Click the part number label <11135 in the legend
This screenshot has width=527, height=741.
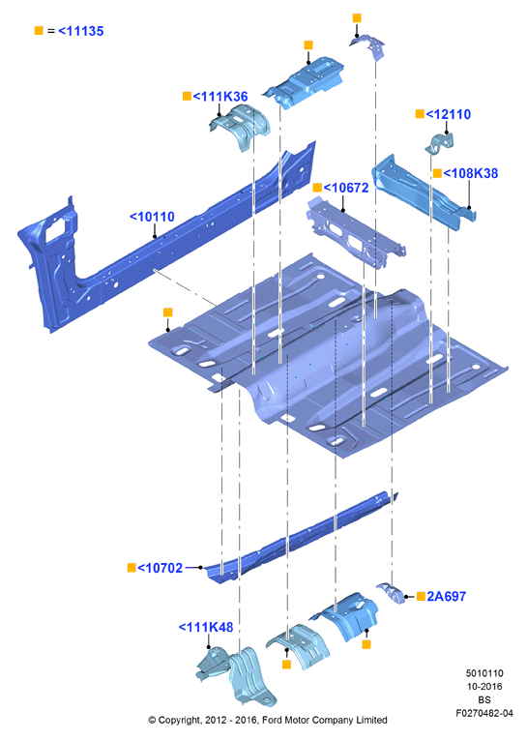point(81,31)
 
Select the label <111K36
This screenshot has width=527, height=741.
point(220,97)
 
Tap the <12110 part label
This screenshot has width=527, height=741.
point(448,114)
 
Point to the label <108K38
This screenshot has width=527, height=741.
point(470,173)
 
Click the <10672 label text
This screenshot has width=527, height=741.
point(346,188)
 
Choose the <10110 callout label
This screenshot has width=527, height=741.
point(152,217)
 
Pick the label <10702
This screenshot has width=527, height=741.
point(160,568)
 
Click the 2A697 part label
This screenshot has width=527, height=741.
point(446,597)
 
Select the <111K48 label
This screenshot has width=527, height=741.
point(206,628)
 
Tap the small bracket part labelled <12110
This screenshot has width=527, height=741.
point(440,144)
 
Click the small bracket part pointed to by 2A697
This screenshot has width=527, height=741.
point(391,593)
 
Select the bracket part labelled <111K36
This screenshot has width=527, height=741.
point(240,127)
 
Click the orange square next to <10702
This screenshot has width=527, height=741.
point(132,568)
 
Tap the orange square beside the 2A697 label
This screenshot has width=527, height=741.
point(421,597)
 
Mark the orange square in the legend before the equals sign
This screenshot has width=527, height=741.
point(39,31)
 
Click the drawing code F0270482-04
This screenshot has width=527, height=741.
point(484,713)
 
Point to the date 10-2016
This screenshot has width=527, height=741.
point(484,687)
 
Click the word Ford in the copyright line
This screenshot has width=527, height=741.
point(273,721)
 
